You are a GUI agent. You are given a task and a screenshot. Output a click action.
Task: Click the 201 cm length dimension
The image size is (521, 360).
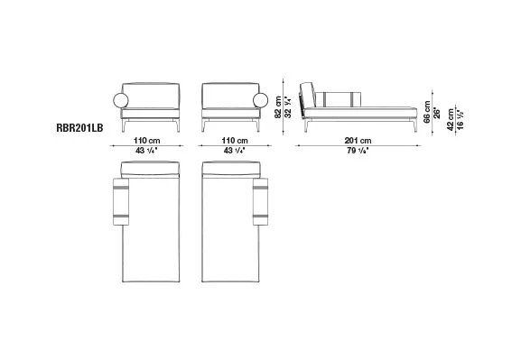358,140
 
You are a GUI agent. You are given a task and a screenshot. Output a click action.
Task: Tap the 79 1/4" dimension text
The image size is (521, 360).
358,150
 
